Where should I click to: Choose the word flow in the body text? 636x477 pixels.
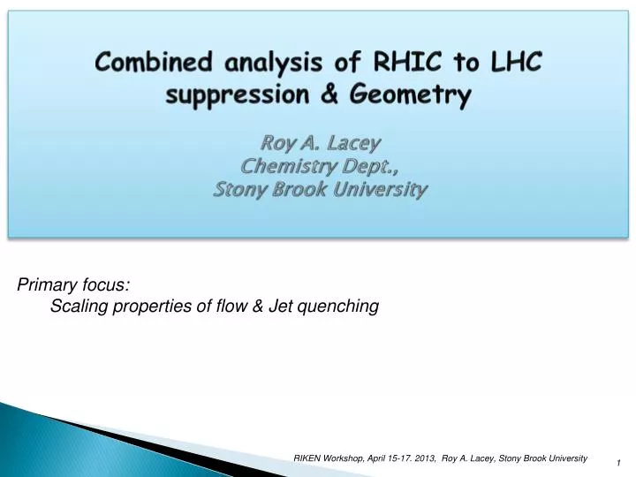pos(233,307)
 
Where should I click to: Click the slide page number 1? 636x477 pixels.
pos(619,463)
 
